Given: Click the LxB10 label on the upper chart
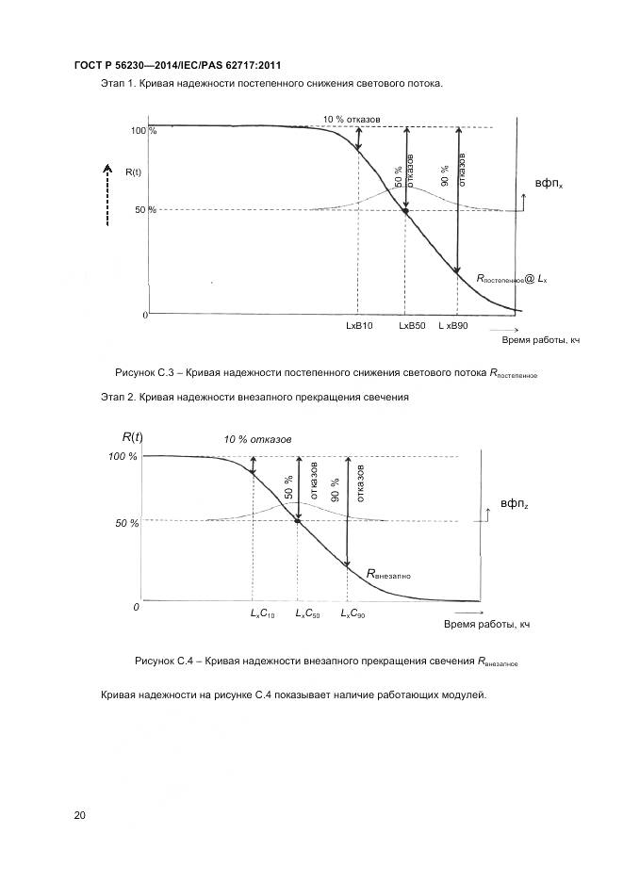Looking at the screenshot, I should pyautogui.click(x=360, y=325).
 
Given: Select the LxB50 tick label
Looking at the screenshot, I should pyautogui.click(x=412, y=325).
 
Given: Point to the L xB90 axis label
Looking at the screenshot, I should pyautogui.click(x=452, y=325).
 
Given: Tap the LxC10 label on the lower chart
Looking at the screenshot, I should pyautogui.click(x=262, y=614).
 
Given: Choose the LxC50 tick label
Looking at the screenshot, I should pyautogui.click(x=307, y=614).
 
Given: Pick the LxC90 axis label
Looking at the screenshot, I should pyautogui.click(x=352, y=614).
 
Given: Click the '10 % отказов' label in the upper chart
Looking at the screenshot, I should pyautogui.click(x=352, y=120).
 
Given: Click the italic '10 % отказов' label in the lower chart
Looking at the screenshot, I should pyautogui.click(x=257, y=439).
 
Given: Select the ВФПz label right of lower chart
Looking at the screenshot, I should pyautogui.click(x=514, y=504).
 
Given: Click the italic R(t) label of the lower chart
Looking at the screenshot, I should pyautogui.click(x=133, y=436).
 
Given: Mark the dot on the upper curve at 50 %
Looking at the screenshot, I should pyautogui.click(x=405, y=211).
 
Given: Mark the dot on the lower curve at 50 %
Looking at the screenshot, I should pyautogui.click(x=298, y=520).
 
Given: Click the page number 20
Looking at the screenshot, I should pyautogui.click(x=80, y=815).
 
